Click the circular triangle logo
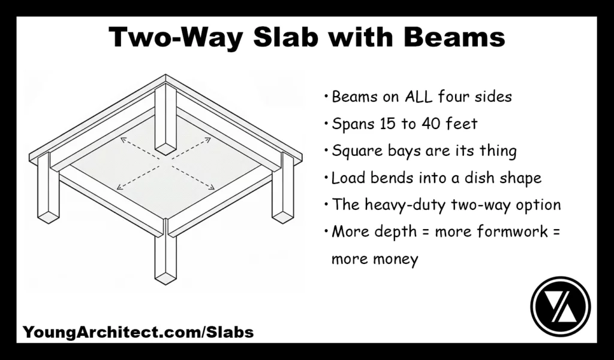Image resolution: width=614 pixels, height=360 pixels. tap(561, 307)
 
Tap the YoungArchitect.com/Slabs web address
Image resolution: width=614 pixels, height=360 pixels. tap(138, 332)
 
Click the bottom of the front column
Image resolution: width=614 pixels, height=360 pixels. tap(165, 277)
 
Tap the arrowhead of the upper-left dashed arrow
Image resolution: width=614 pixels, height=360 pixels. tap(122, 140)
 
